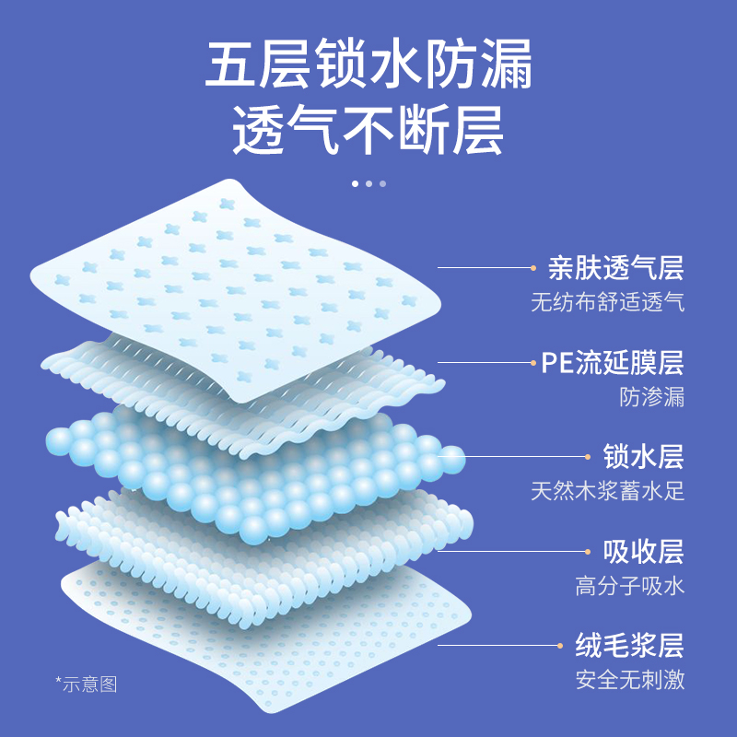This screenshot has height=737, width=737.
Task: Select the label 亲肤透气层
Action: pos(615,268)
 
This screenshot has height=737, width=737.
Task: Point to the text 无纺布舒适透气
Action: pos(607,302)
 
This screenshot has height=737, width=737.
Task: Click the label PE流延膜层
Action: pos(612,362)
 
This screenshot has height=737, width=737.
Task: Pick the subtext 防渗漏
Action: pos(652,397)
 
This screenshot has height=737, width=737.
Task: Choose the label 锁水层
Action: pos(643,456)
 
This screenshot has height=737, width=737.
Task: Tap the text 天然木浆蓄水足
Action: pos(607,490)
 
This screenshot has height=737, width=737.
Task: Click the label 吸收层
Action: pos(643,551)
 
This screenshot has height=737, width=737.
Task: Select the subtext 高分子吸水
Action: pos(630,586)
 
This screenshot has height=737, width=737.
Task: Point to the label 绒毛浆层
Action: pos(630,645)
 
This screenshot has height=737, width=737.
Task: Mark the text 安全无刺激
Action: pos(630,680)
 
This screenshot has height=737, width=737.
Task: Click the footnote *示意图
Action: pos(87,684)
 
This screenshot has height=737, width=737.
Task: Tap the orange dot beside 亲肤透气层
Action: pos(533,268)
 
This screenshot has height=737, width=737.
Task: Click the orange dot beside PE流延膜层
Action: pos(533,362)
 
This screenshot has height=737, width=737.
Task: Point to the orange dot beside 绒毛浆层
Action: pos(561,645)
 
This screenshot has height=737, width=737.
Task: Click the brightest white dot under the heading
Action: pos(355,183)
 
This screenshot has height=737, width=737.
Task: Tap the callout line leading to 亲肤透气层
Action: pos(484,268)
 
